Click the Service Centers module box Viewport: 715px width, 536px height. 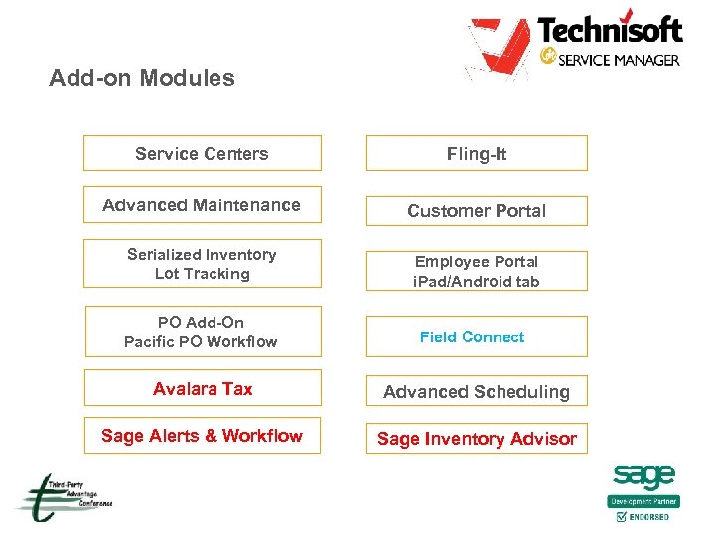coord(202,153)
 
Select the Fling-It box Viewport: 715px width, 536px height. coord(477,153)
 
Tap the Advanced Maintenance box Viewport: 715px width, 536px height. coord(202,204)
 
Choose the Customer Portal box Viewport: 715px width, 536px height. coord(477,210)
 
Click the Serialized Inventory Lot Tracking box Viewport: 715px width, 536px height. coord(202,264)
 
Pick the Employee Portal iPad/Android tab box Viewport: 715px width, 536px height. coord(477,271)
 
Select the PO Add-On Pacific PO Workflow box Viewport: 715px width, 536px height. coord(202,332)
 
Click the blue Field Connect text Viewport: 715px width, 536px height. coord(472,336)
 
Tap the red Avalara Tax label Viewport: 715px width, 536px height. coord(203,389)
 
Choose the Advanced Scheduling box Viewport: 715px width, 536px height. coord(477,391)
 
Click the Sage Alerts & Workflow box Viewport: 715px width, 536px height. coord(202,435)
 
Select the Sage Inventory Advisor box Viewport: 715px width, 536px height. coord(477,438)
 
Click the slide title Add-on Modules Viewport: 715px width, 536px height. coord(142,78)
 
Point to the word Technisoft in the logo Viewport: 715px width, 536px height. coord(610,30)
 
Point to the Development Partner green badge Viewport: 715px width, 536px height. coord(643,501)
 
